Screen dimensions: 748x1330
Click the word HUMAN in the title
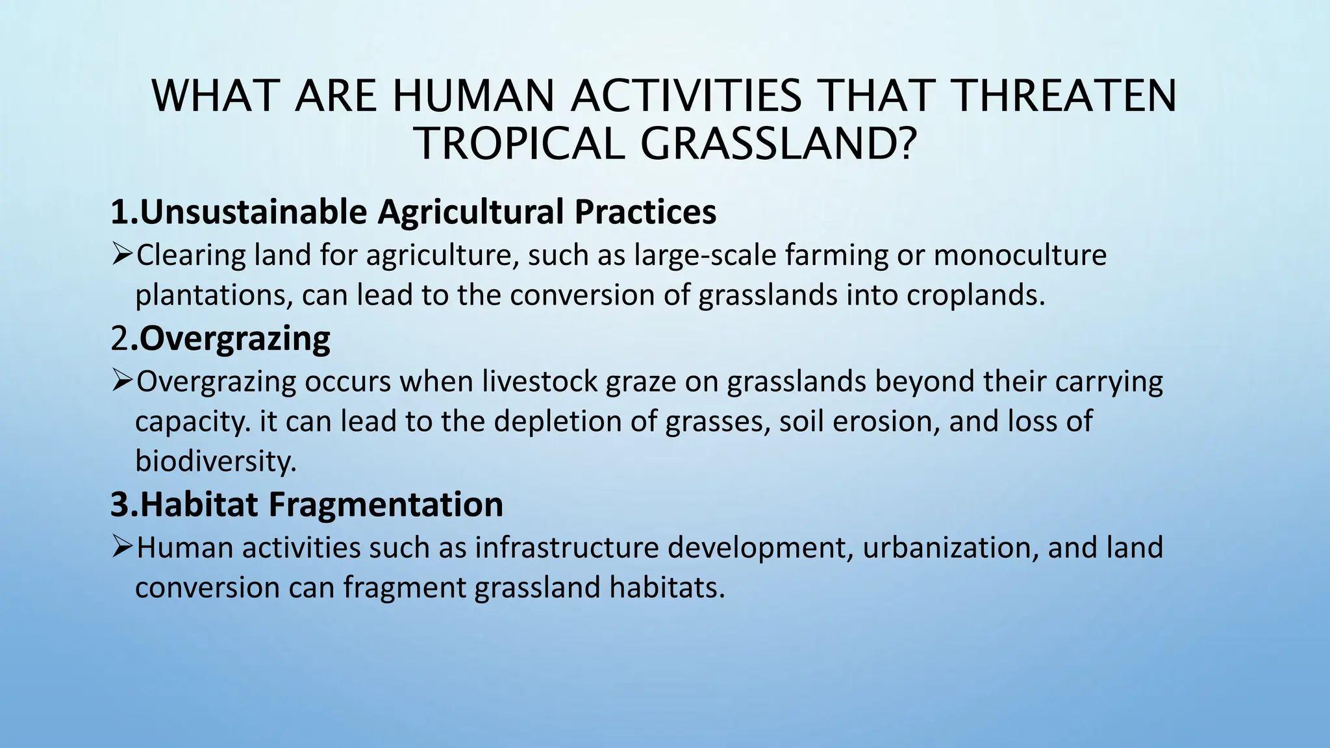(473, 97)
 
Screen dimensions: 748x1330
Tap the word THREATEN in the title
(1065, 97)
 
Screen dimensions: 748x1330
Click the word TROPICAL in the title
(520, 144)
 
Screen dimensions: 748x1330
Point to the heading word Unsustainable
(254, 212)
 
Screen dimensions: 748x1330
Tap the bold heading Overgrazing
(234, 338)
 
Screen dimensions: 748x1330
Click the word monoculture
(1020, 255)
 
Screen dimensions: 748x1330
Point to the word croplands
(975, 295)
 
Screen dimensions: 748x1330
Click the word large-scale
(705, 255)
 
